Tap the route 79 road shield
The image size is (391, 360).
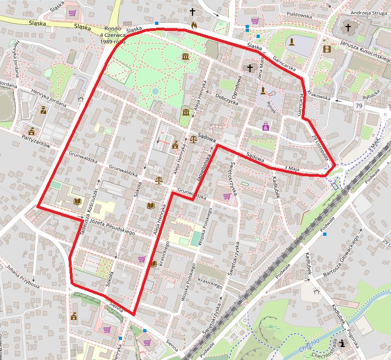[358, 105]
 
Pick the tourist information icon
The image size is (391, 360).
[344, 343]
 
